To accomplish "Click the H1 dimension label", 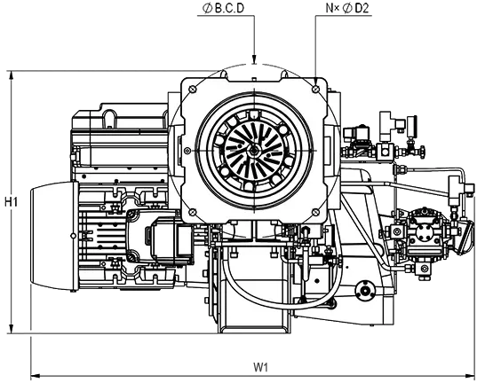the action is point(11,201).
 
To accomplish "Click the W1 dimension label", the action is point(261,367).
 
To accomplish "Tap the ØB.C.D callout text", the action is point(224,8).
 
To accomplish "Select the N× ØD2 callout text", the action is point(347,8).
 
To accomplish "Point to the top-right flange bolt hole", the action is point(315,89).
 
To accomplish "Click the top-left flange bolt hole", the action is point(192,89).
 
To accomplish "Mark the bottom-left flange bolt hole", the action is point(192,212).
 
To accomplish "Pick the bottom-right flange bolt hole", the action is point(315,212).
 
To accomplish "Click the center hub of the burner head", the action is point(254,150).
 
